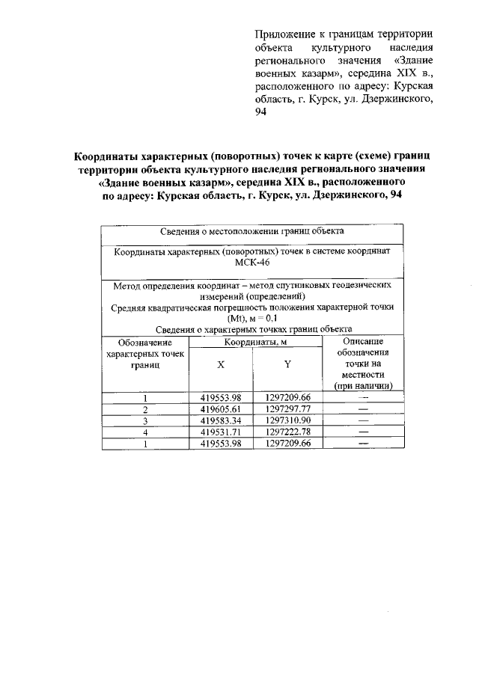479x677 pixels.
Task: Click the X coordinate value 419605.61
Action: [221, 409]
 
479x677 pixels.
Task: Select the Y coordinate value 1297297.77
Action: [287, 409]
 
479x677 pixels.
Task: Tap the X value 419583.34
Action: [221, 420]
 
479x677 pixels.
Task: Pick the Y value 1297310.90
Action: [287, 420]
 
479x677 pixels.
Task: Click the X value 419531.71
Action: [221, 432]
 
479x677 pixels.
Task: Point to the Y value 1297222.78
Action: [287, 432]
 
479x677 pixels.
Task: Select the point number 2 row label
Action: [145, 410]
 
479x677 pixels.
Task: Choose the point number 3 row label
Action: [145, 420]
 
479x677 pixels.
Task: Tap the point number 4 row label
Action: [145, 432]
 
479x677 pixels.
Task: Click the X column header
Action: [221, 366]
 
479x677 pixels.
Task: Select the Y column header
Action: [287, 365]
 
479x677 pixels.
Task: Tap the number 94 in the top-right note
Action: [261, 112]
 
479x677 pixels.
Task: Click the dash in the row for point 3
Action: [364, 420]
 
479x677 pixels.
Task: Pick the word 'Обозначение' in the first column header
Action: [145, 343]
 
